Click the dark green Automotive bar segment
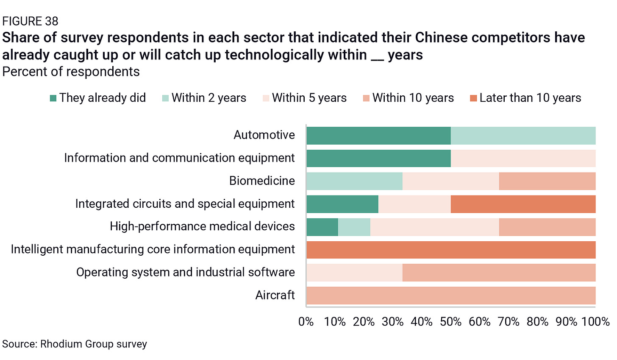pos(378,136)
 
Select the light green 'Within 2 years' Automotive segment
pos(523,136)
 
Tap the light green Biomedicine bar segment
pos(354,181)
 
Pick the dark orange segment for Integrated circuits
pos(523,204)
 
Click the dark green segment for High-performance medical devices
pos(322,227)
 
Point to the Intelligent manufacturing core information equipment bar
pos(451,250)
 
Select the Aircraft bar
pos(451,296)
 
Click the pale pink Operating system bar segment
pos(354,273)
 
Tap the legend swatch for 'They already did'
pos(53,98)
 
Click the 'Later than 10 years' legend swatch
pos(473,98)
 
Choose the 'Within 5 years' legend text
pos(309,98)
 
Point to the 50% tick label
pos(450,322)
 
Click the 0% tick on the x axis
pos(306,322)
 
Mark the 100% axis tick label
pos(595,322)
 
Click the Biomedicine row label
pos(262,181)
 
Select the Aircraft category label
pos(275,295)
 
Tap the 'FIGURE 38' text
pos(30,21)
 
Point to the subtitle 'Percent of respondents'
pos(71,72)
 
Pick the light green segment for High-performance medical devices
pos(354,227)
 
